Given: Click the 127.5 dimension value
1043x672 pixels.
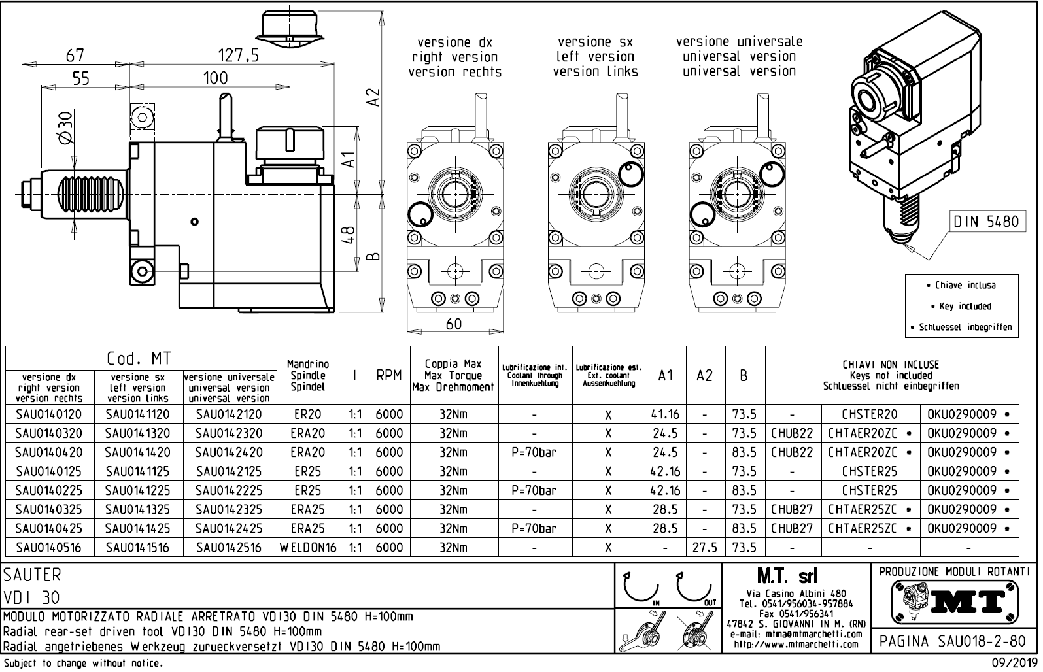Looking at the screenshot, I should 237,56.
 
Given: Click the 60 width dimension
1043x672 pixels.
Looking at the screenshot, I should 453,324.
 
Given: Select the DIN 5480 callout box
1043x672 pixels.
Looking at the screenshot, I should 985,222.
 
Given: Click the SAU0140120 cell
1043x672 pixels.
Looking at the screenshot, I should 49,414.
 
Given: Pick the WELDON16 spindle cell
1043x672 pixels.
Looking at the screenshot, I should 308,548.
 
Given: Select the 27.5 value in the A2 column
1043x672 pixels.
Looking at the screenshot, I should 704,548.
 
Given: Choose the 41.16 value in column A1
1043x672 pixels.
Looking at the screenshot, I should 665,414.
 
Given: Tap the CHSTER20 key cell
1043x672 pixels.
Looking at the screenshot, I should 870,414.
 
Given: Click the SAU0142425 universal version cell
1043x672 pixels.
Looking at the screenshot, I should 229,529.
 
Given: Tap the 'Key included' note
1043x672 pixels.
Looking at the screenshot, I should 961,306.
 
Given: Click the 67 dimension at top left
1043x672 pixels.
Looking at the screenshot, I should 75,56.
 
